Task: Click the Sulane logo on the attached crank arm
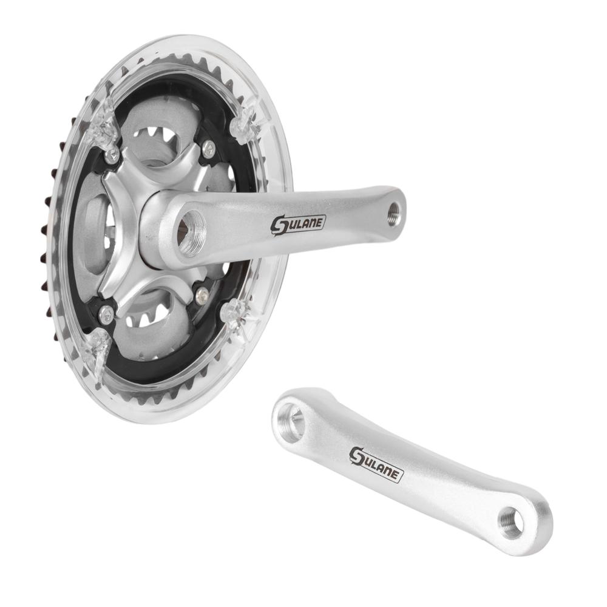tap(298, 224)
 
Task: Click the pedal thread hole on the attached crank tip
tap(393, 213)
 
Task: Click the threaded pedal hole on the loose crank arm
tap(512, 521)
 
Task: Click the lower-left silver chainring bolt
tap(106, 314)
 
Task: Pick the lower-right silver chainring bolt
tap(202, 296)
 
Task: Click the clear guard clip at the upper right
tap(246, 125)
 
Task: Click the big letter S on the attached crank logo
tap(280, 226)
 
